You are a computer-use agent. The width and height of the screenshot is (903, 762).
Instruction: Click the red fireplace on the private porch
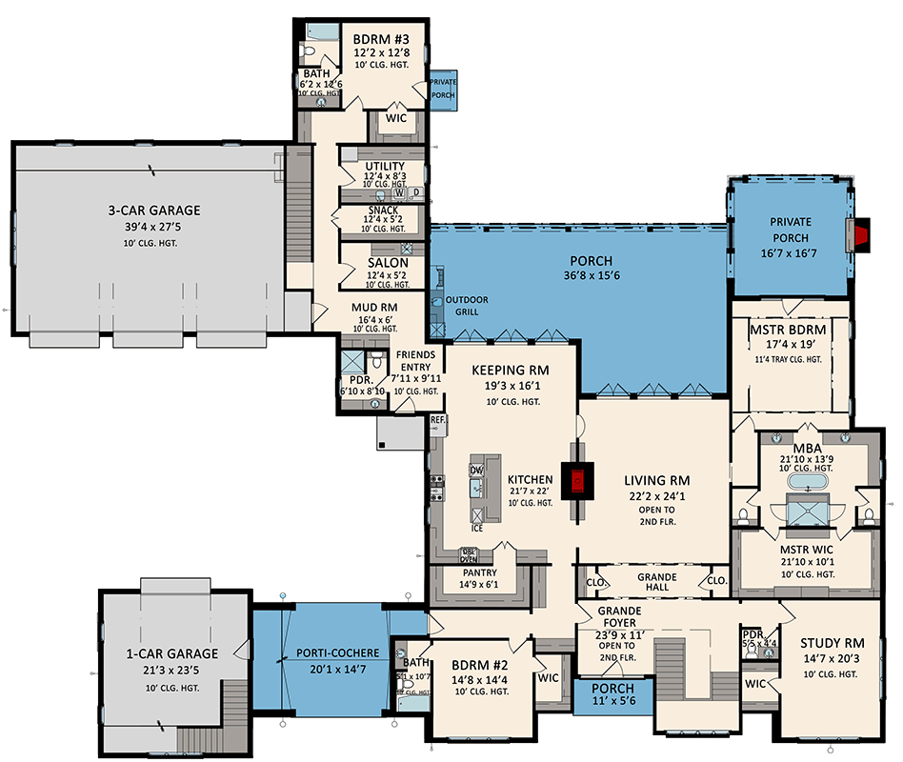862,233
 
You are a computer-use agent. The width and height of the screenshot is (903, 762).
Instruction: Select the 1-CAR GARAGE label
171,653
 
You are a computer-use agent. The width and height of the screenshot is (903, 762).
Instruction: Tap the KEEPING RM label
510,370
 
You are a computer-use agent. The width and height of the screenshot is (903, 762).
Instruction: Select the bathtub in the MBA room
809,485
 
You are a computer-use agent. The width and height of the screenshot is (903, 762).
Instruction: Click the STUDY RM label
832,642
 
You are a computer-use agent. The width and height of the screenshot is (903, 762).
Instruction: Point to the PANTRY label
482,572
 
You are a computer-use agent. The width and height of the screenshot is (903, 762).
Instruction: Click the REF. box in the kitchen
438,419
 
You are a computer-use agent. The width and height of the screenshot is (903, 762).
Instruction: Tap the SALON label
388,263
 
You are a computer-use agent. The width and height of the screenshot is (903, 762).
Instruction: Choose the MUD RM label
374,307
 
